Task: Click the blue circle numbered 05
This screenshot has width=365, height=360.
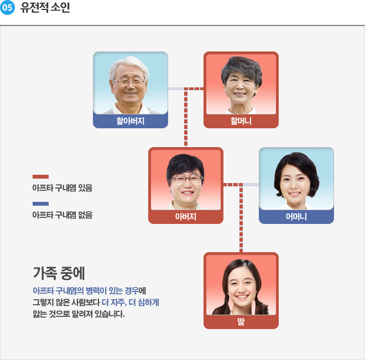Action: tap(7, 7)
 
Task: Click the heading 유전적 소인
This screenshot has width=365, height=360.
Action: tap(45, 7)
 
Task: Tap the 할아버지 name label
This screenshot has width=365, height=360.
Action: tap(131, 121)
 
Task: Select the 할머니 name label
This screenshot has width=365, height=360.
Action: tap(241, 121)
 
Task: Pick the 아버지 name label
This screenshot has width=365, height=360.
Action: tap(186, 217)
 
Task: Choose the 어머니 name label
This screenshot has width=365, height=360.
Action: tap(296, 217)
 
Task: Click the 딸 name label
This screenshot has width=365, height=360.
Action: tap(241, 322)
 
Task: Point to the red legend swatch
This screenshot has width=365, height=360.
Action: tap(40, 176)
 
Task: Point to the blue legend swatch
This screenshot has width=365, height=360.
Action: tap(40, 204)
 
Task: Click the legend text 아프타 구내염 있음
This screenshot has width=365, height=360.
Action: tap(62, 188)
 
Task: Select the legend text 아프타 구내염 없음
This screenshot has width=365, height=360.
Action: tap(62, 215)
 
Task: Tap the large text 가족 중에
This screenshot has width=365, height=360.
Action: tap(59, 273)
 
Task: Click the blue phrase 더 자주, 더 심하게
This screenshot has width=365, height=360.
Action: tap(131, 302)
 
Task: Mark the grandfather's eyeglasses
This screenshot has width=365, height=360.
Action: tap(129, 82)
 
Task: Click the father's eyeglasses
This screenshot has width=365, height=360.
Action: tap(186, 179)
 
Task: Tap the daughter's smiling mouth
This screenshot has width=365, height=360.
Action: tap(242, 297)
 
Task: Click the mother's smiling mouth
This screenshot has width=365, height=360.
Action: tap(295, 194)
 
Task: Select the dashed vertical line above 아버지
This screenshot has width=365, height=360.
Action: tap(186, 117)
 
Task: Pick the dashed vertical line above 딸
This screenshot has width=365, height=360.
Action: tap(241, 218)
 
